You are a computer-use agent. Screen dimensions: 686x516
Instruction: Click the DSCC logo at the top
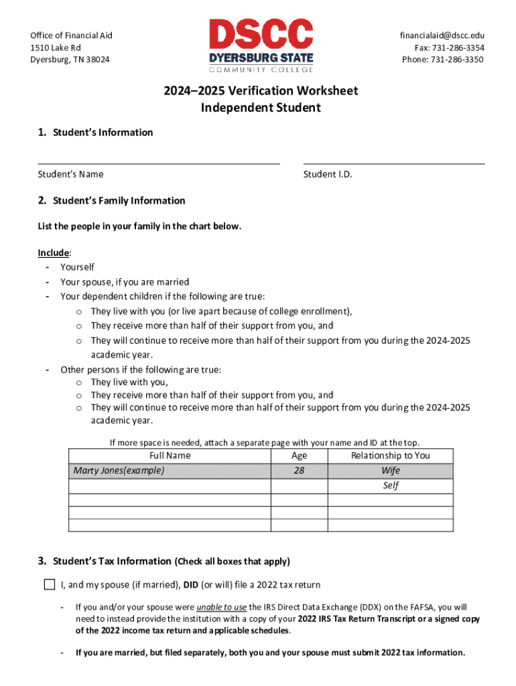click(x=261, y=46)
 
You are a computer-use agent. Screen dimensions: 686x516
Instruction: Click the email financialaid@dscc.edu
click(x=442, y=36)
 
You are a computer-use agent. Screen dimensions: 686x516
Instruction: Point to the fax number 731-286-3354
click(x=449, y=48)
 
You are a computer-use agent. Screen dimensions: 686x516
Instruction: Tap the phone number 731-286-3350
click(x=443, y=60)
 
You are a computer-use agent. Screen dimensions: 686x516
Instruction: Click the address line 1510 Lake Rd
click(x=56, y=48)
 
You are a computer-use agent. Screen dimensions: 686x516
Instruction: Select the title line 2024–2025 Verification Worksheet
click(x=261, y=90)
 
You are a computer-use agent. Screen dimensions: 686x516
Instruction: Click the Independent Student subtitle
click(x=261, y=107)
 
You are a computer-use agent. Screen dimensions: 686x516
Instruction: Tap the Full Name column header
click(x=170, y=456)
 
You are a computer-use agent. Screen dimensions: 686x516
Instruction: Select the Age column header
click(x=299, y=456)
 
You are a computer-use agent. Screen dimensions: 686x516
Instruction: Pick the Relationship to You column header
click(x=390, y=456)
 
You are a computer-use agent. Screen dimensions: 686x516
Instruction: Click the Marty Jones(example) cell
click(x=119, y=470)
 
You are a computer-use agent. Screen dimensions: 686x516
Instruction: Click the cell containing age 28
click(x=299, y=470)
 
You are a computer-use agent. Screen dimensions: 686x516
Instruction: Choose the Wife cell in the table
click(x=390, y=470)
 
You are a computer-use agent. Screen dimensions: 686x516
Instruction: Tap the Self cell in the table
click(x=390, y=485)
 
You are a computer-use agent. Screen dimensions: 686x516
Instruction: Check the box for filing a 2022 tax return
click(x=49, y=584)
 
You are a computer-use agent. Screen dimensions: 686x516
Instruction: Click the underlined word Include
click(x=53, y=253)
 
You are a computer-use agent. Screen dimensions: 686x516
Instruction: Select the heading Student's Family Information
click(x=119, y=200)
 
